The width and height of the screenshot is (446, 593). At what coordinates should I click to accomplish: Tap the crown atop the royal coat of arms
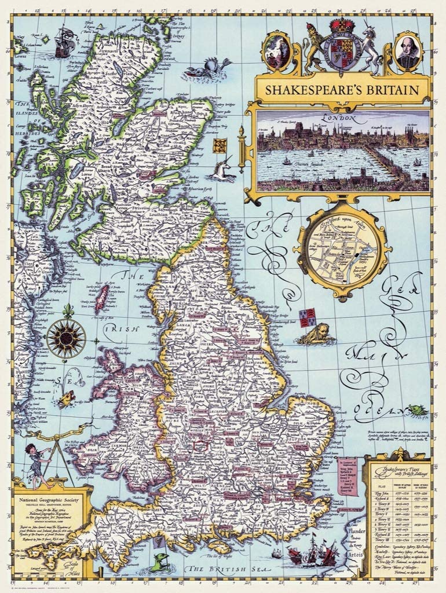[x=342, y=25]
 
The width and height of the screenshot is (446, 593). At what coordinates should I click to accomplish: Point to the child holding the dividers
[x=36, y=463]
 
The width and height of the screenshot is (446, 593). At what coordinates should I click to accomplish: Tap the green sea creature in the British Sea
[x=162, y=560]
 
